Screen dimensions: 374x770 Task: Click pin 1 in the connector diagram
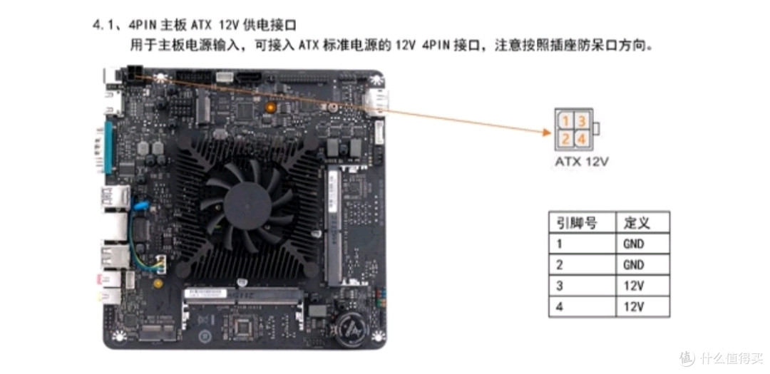pos(564,121)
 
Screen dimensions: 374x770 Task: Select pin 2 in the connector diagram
pos(564,138)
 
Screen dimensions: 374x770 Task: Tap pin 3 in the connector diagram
pos(581,121)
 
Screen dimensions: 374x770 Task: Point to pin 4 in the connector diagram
pos(581,138)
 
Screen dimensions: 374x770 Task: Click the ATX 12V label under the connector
pos(582,162)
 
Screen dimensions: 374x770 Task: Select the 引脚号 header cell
pos(577,223)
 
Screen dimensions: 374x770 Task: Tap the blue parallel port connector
pos(110,146)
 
